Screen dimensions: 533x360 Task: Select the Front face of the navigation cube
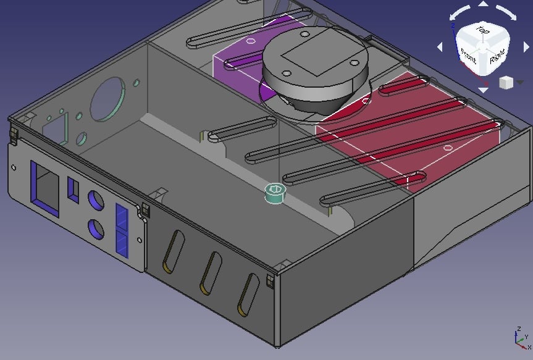click(x=468, y=59)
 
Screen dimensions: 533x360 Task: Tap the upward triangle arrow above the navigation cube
click(x=483, y=4)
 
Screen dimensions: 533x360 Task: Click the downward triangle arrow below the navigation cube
click(x=483, y=90)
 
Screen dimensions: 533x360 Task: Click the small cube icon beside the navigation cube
click(x=506, y=83)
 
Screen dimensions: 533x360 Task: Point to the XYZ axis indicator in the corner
click(x=521, y=338)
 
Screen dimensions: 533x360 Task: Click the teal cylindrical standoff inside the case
click(x=275, y=193)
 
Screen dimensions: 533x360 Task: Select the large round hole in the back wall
click(x=107, y=99)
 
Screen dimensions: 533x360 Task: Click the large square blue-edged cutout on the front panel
click(x=45, y=189)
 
